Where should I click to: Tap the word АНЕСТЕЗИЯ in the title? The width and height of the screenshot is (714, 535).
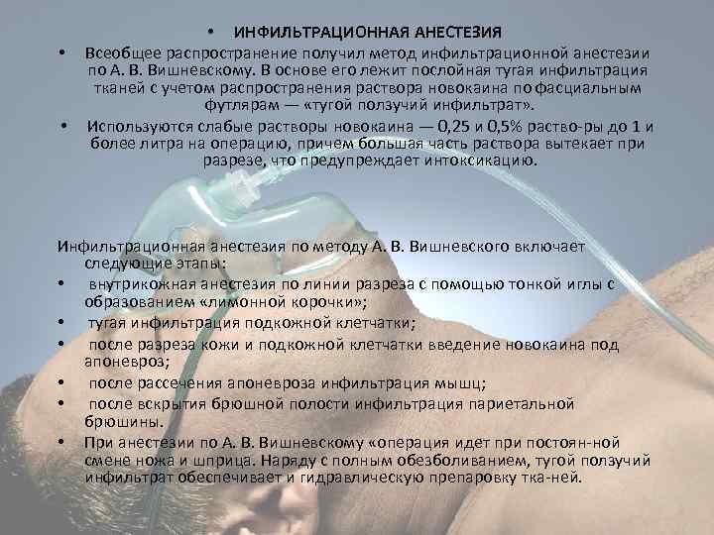(x=445, y=33)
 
